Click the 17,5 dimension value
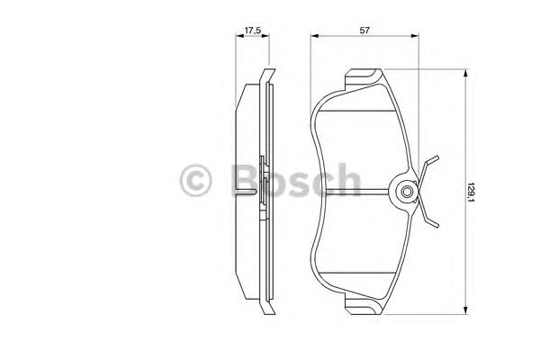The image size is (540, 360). coord(252,31)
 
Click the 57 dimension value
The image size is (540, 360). coord(364,31)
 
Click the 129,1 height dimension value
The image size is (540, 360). coord(471,193)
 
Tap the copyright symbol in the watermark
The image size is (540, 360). coord(195,181)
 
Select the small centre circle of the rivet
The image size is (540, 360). coord(407,191)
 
